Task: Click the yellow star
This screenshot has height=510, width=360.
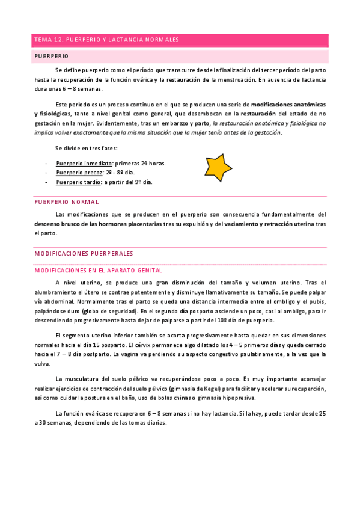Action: pyautogui.click(x=218, y=168)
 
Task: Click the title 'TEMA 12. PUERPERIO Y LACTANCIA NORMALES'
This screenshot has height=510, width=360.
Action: pyautogui.click(x=107, y=40)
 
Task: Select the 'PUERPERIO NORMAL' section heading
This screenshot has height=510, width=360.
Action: pyautogui.click(x=67, y=203)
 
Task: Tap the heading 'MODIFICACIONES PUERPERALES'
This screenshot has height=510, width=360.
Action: pyautogui.click(x=84, y=254)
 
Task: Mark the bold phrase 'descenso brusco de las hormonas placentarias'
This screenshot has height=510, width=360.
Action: pyautogui.click(x=98, y=224)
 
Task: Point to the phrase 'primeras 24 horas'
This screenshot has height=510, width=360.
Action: pyautogui.click(x=139, y=164)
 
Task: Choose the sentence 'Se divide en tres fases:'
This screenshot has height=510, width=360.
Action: pyautogui.click(x=86, y=148)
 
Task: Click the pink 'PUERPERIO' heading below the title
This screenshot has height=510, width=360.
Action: pyautogui.click(x=51, y=56)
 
